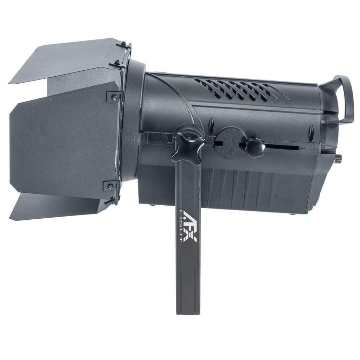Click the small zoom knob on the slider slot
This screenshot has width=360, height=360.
[x=255, y=147]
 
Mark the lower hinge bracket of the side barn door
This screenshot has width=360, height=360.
[x=110, y=186]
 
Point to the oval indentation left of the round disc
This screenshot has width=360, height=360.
[x=211, y=126]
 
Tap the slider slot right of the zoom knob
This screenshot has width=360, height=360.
[x=281, y=147]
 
